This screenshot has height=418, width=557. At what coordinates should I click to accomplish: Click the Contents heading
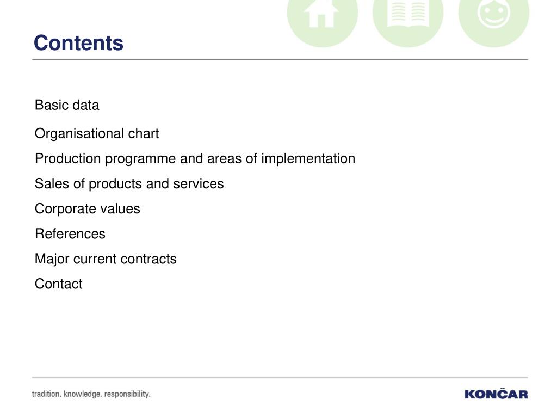[x=78, y=43]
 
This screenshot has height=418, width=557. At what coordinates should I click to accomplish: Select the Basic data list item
[x=67, y=105]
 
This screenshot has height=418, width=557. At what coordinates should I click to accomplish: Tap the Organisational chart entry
[x=97, y=134]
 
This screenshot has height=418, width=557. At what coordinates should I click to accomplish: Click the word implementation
[x=308, y=159]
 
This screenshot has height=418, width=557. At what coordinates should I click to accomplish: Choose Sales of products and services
[x=129, y=184]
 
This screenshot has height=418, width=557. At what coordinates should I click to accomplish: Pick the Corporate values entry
[x=88, y=209]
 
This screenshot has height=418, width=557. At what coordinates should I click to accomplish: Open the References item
[x=70, y=234]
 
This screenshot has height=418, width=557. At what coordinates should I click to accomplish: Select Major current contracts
[x=106, y=259]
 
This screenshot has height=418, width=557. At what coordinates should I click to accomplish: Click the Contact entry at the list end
[x=59, y=284]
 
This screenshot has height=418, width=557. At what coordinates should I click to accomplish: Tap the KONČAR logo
[x=496, y=394]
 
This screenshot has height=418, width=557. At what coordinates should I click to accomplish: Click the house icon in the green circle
[x=321, y=14]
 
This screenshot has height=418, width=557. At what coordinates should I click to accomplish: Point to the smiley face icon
[x=494, y=14]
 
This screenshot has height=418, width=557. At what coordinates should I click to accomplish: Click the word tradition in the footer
[x=47, y=394]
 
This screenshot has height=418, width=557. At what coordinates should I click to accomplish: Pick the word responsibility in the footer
[x=127, y=394]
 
